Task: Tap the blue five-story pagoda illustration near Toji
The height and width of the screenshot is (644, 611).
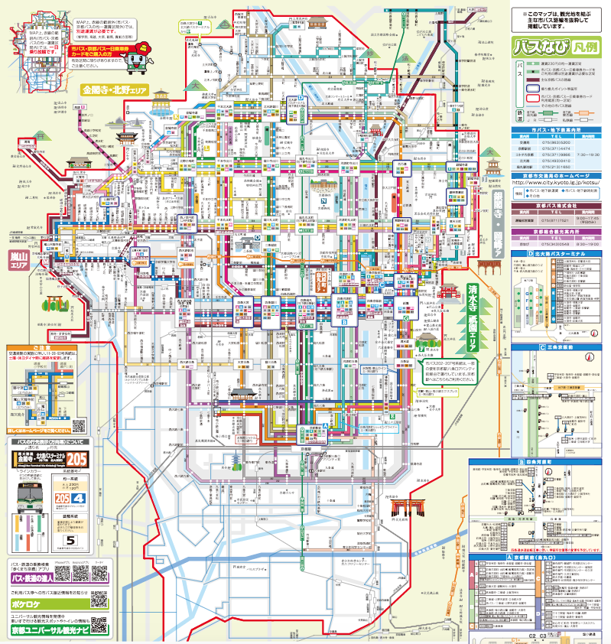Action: coord(236,460)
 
